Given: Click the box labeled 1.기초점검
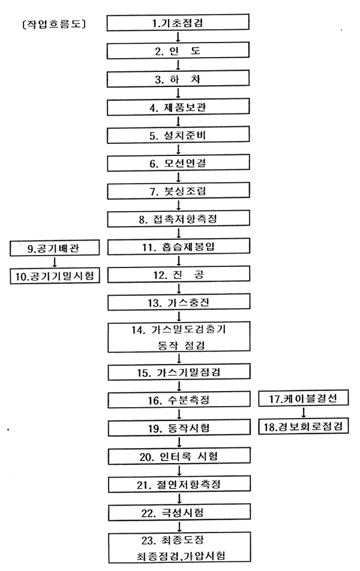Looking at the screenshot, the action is click(178, 22).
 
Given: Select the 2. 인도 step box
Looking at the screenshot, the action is click(178, 50).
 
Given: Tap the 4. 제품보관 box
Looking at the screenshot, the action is click(178, 107).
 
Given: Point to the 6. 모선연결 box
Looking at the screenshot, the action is click(178, 163).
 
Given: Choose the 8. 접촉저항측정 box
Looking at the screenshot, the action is click(179, 218).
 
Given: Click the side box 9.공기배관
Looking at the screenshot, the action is click(55, 248).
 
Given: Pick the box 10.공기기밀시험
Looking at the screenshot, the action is click(55, 275).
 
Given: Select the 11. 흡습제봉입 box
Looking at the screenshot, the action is click(179, 247).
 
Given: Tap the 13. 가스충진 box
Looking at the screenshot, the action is click(179, 302).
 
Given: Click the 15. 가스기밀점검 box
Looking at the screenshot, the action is click(179, 372).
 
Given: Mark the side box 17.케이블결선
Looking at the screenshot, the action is click(304, 398).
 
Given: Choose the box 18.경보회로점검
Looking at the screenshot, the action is click(304, 426).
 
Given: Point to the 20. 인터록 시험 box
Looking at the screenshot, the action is click(179, 456).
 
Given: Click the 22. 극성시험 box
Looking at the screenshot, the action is click(179, 512).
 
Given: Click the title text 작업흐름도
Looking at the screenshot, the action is click(54, 24).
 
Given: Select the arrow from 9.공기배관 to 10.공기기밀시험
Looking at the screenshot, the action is click(55, 262).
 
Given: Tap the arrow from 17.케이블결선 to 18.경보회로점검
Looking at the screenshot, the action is click(303, 412).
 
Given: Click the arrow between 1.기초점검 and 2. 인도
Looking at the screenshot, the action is click(178, 37).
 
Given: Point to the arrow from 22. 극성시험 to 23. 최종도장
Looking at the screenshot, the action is click(179, 526).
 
